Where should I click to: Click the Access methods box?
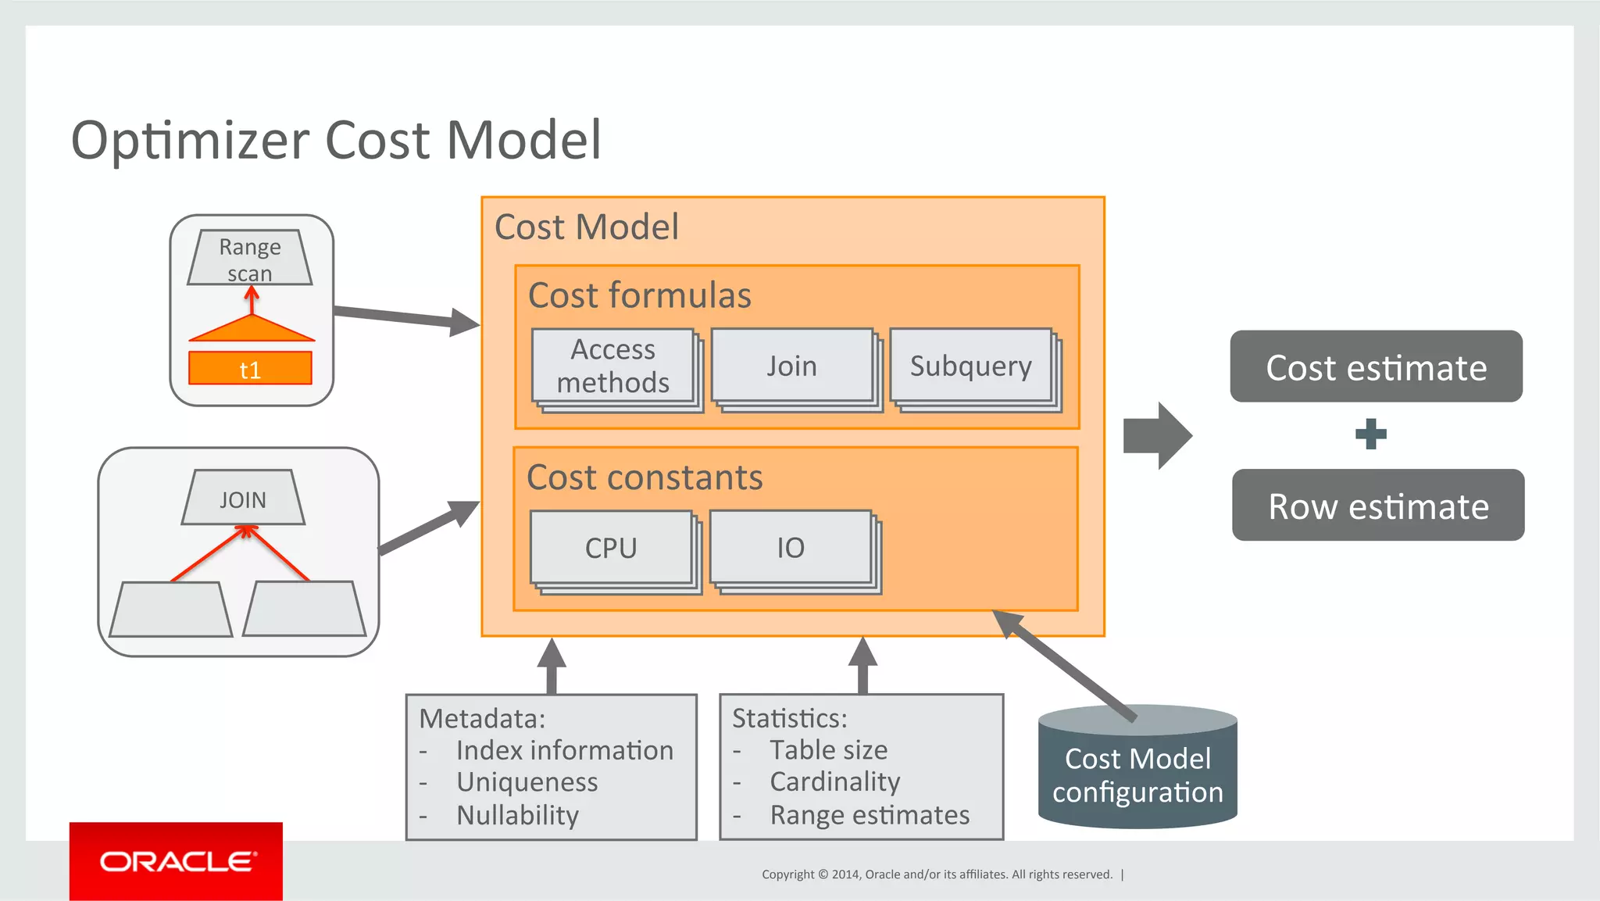pyautogui.click(x=613, y=366)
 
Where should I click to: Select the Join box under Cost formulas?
pyautogui.click(x=791, y=366)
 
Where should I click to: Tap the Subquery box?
pyautogui.click(x=971, y=366)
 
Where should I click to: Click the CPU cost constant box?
pyautogui.click(x=611, y=548)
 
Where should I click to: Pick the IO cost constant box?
pyautogui.click(x=791, y=548)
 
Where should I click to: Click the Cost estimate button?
pyautogui.click(x=1376, y=367)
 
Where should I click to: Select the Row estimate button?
pyautogui.click(x=1378, y=506)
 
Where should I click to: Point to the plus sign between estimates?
pyautogui.click(x=1371, y=434)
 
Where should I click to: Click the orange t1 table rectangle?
pyautogui.click(x=250, y=369)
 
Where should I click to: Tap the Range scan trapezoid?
pyautogui.click(x=250, y=258)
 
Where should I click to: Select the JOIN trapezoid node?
pyautogui.click(x=243, y=499)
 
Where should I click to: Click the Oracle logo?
pyautogui.click(x=177, y=861)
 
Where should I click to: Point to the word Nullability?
pyautogui.click(x=517, y=815)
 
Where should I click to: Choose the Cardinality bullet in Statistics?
pyautogui.click(x=835, y=781)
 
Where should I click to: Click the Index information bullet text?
pyautogui.click(x=564, y=750)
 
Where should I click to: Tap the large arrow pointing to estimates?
pyautogui.click(x=1157, y=436)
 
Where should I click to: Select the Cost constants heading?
pyautogui.click(x=645, y=477)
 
